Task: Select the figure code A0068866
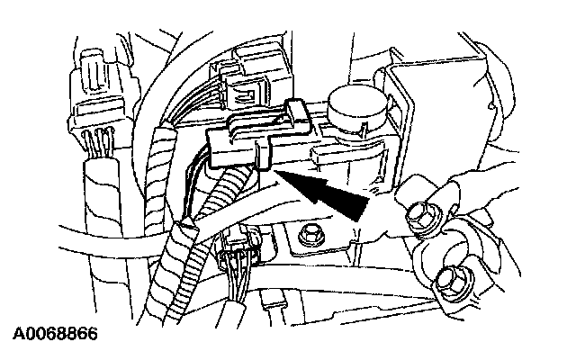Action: click(53, 334)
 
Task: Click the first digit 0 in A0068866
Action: click(25, 334)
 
